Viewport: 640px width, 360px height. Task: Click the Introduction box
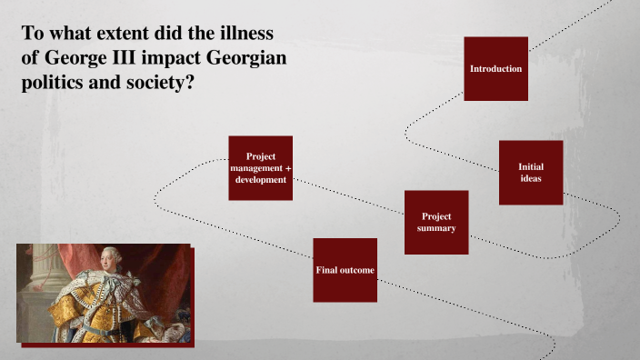(x=495, y=69)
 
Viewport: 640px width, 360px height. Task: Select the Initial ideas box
(x=531, y=173)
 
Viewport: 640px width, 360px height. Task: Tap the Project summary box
(x=436, y=222)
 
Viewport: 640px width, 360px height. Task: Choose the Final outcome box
(x=345, y=270)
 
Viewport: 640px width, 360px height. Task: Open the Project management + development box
(x=261, y=168)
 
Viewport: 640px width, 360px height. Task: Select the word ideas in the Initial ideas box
(x=531, y=178)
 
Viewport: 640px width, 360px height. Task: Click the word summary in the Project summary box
(x=436, y=228)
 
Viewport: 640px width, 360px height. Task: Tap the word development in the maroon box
(x=261, y=180)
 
